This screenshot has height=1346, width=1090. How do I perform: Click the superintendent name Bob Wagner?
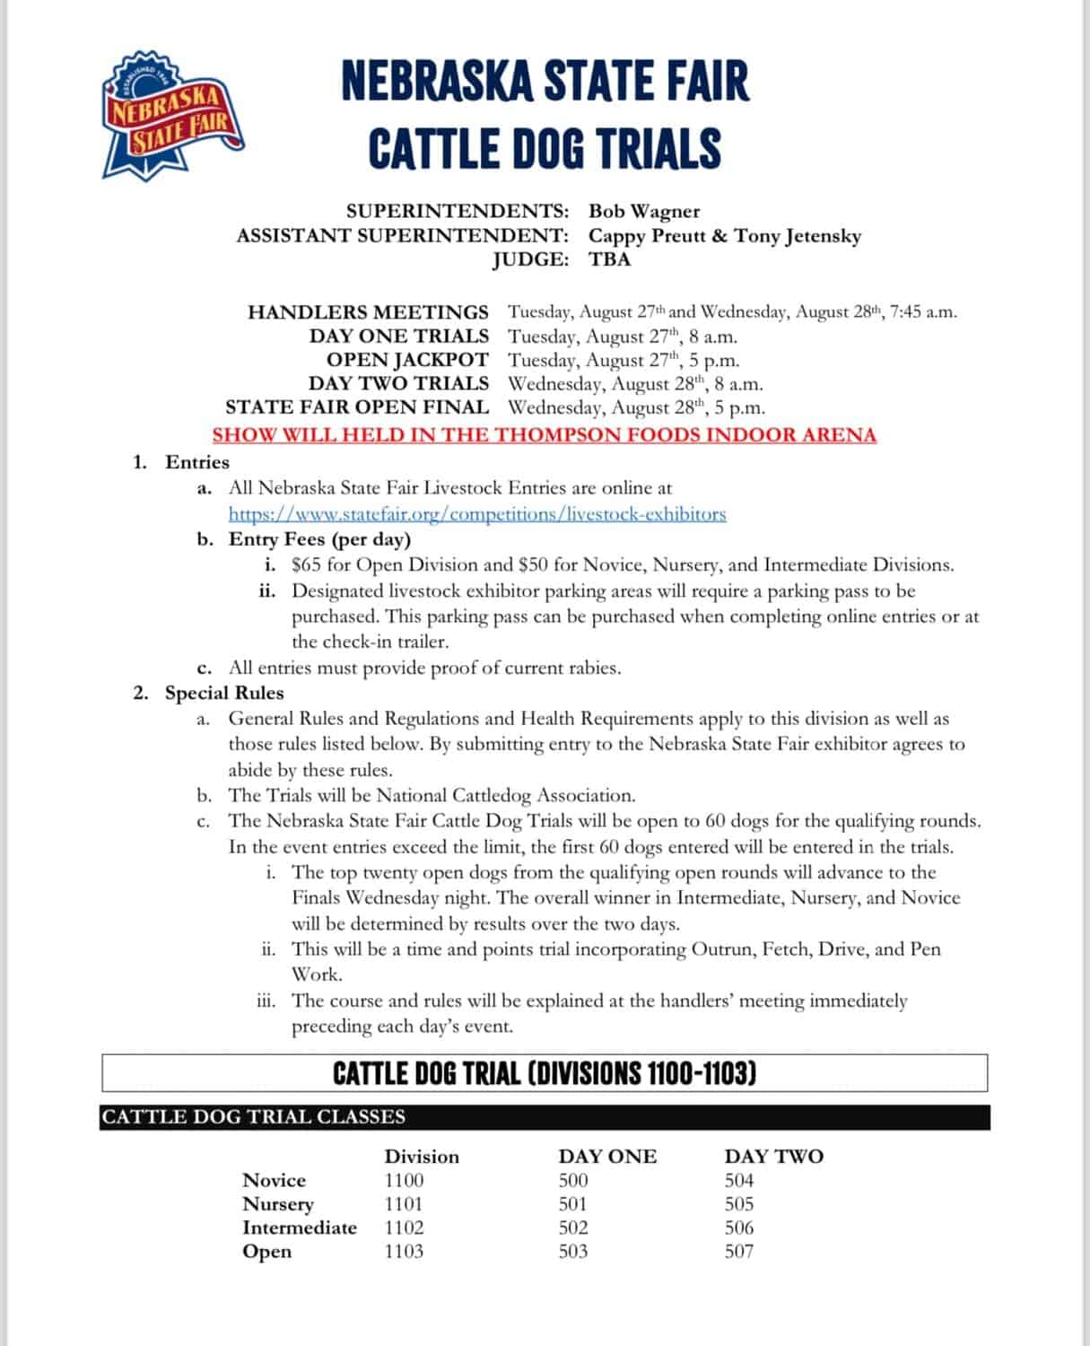coord(643,212)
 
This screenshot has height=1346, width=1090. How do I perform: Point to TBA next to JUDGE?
coord(610,259)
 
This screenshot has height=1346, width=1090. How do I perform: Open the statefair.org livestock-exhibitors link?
coord(476,514)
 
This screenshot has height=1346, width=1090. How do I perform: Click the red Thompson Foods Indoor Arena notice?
coord(544,435)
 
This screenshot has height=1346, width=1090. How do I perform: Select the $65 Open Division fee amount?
coord(307,565)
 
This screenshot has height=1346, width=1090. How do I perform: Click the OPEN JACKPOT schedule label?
coord(407,360)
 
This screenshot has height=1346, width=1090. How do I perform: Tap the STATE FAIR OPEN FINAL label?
coord(357,407)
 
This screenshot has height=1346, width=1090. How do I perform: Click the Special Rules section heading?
coord(223,693)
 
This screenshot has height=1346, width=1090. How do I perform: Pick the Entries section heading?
coord(197,462)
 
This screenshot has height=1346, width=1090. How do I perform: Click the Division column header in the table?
coord(422,1157)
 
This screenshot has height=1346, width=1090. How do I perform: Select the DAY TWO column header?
coord(773,1157)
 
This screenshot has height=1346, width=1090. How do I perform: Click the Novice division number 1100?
coord(404,1180)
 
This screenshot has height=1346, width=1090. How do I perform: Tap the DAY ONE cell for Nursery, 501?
coord(572,1204)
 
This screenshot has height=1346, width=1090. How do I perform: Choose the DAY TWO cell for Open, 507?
coord(739,1251)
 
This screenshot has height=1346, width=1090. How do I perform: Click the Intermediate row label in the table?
coord(299,1228)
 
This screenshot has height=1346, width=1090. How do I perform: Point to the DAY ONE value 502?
coord(572,1228)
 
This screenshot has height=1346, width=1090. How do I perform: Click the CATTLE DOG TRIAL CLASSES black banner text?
coord(253,1117)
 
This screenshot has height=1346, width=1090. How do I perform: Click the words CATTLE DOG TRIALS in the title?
coord(545,148)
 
